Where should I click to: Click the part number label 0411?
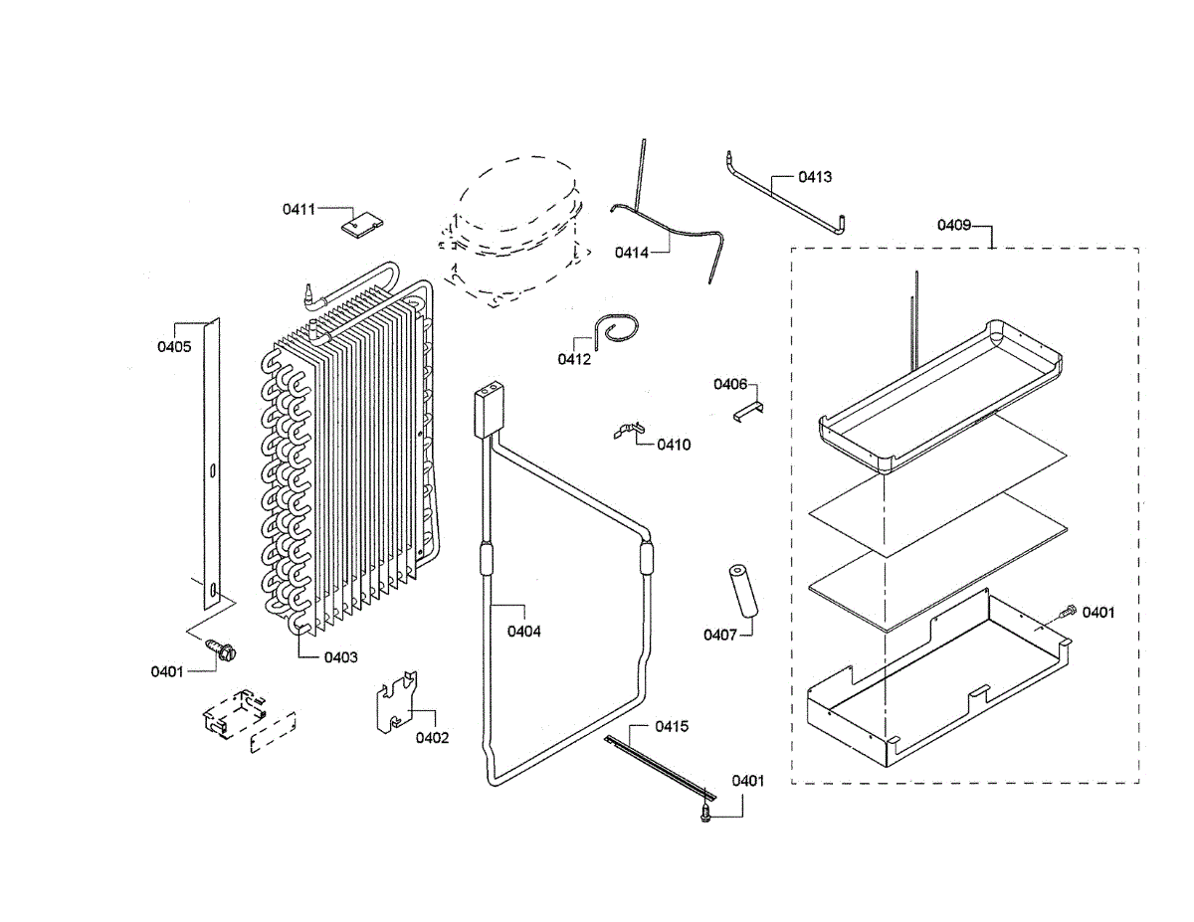click(x=298, y=209)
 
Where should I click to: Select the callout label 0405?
click(x=173, y=346)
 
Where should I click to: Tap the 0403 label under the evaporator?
click(x=341, y=657)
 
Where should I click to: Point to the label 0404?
click(x=524, y=631)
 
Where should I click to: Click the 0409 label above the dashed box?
click(x=953, y=225)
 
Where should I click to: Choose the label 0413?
click(x=815, y=177)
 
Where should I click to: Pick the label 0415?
click(x=672, y=727)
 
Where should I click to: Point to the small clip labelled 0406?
click(x=748, y=410)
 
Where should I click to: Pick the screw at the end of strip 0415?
click(x=705, y=813)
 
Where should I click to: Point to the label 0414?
click(x=631, y=253)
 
